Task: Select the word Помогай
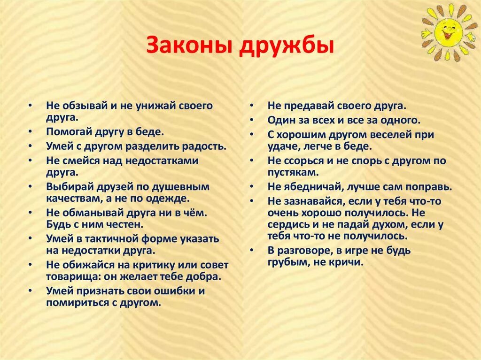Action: point(66,132)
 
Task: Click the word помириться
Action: point(77,303)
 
